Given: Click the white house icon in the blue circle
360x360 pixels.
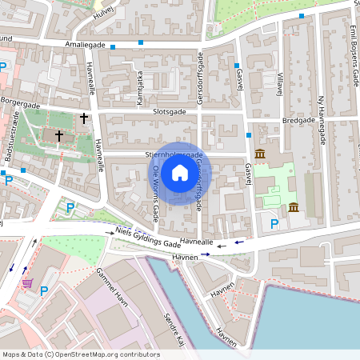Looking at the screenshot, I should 180,173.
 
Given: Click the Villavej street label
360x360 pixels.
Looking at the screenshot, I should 281,83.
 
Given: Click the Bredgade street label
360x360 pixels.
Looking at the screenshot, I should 299,120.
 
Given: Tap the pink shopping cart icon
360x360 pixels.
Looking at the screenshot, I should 27,282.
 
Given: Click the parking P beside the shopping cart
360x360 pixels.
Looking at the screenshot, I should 44,290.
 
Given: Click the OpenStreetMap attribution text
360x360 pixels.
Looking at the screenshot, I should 80,354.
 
